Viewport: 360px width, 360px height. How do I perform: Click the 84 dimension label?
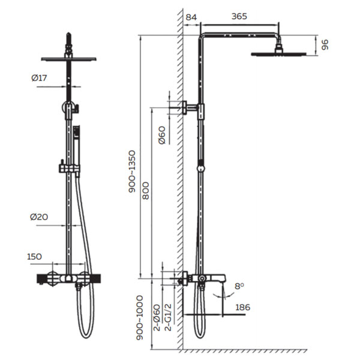(191, 17)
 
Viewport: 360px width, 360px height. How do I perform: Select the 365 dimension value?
(239, 16)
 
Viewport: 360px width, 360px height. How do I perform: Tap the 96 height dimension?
(325, 45)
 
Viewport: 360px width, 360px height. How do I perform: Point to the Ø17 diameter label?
(39, 78)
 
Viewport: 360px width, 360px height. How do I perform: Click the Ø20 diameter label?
(39, 217)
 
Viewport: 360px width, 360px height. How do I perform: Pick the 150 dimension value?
(34, 256)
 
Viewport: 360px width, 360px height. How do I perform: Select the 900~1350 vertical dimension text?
(132, 171)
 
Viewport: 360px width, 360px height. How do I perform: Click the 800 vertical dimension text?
(146, 191)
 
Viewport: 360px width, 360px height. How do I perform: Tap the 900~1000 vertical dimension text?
(140, 318)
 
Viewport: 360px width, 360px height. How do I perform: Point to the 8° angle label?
(239, 286)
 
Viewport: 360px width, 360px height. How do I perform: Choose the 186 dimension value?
(242, 307)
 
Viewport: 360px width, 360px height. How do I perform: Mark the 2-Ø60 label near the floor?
(157, 317)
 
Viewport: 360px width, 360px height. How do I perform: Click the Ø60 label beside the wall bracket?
(162, 135)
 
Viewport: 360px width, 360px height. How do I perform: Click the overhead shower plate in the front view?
(68, 59)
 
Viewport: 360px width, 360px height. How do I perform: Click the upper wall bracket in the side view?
(190, 107)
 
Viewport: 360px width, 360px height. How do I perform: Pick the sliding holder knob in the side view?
(200, 168)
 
